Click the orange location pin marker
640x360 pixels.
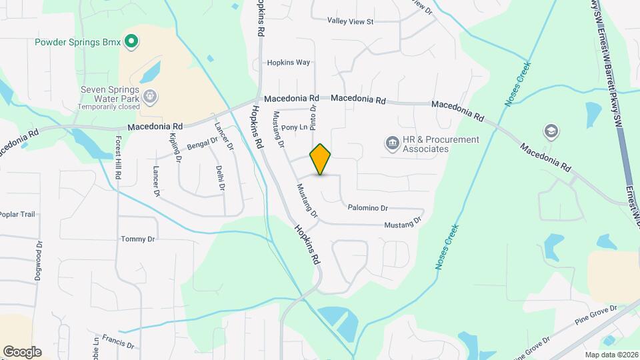click(x=321, y=159)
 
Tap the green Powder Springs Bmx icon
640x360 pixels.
click(x=131, y=42)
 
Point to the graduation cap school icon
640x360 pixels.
click(x=551, y=131)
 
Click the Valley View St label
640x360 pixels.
click(x=350, y=21)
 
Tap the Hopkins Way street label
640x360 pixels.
click(x=289, y=63)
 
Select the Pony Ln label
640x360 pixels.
click(x=294, y=127)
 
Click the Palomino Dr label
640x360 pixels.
click(x=368, y=208)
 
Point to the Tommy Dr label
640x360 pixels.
click(x=138, y=239)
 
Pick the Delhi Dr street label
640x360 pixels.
click(x=220, y=179)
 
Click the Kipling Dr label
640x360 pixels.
click(x=175, y=147)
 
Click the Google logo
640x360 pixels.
click(x=22, y=352)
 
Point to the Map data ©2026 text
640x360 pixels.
click(x=611, y=355)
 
